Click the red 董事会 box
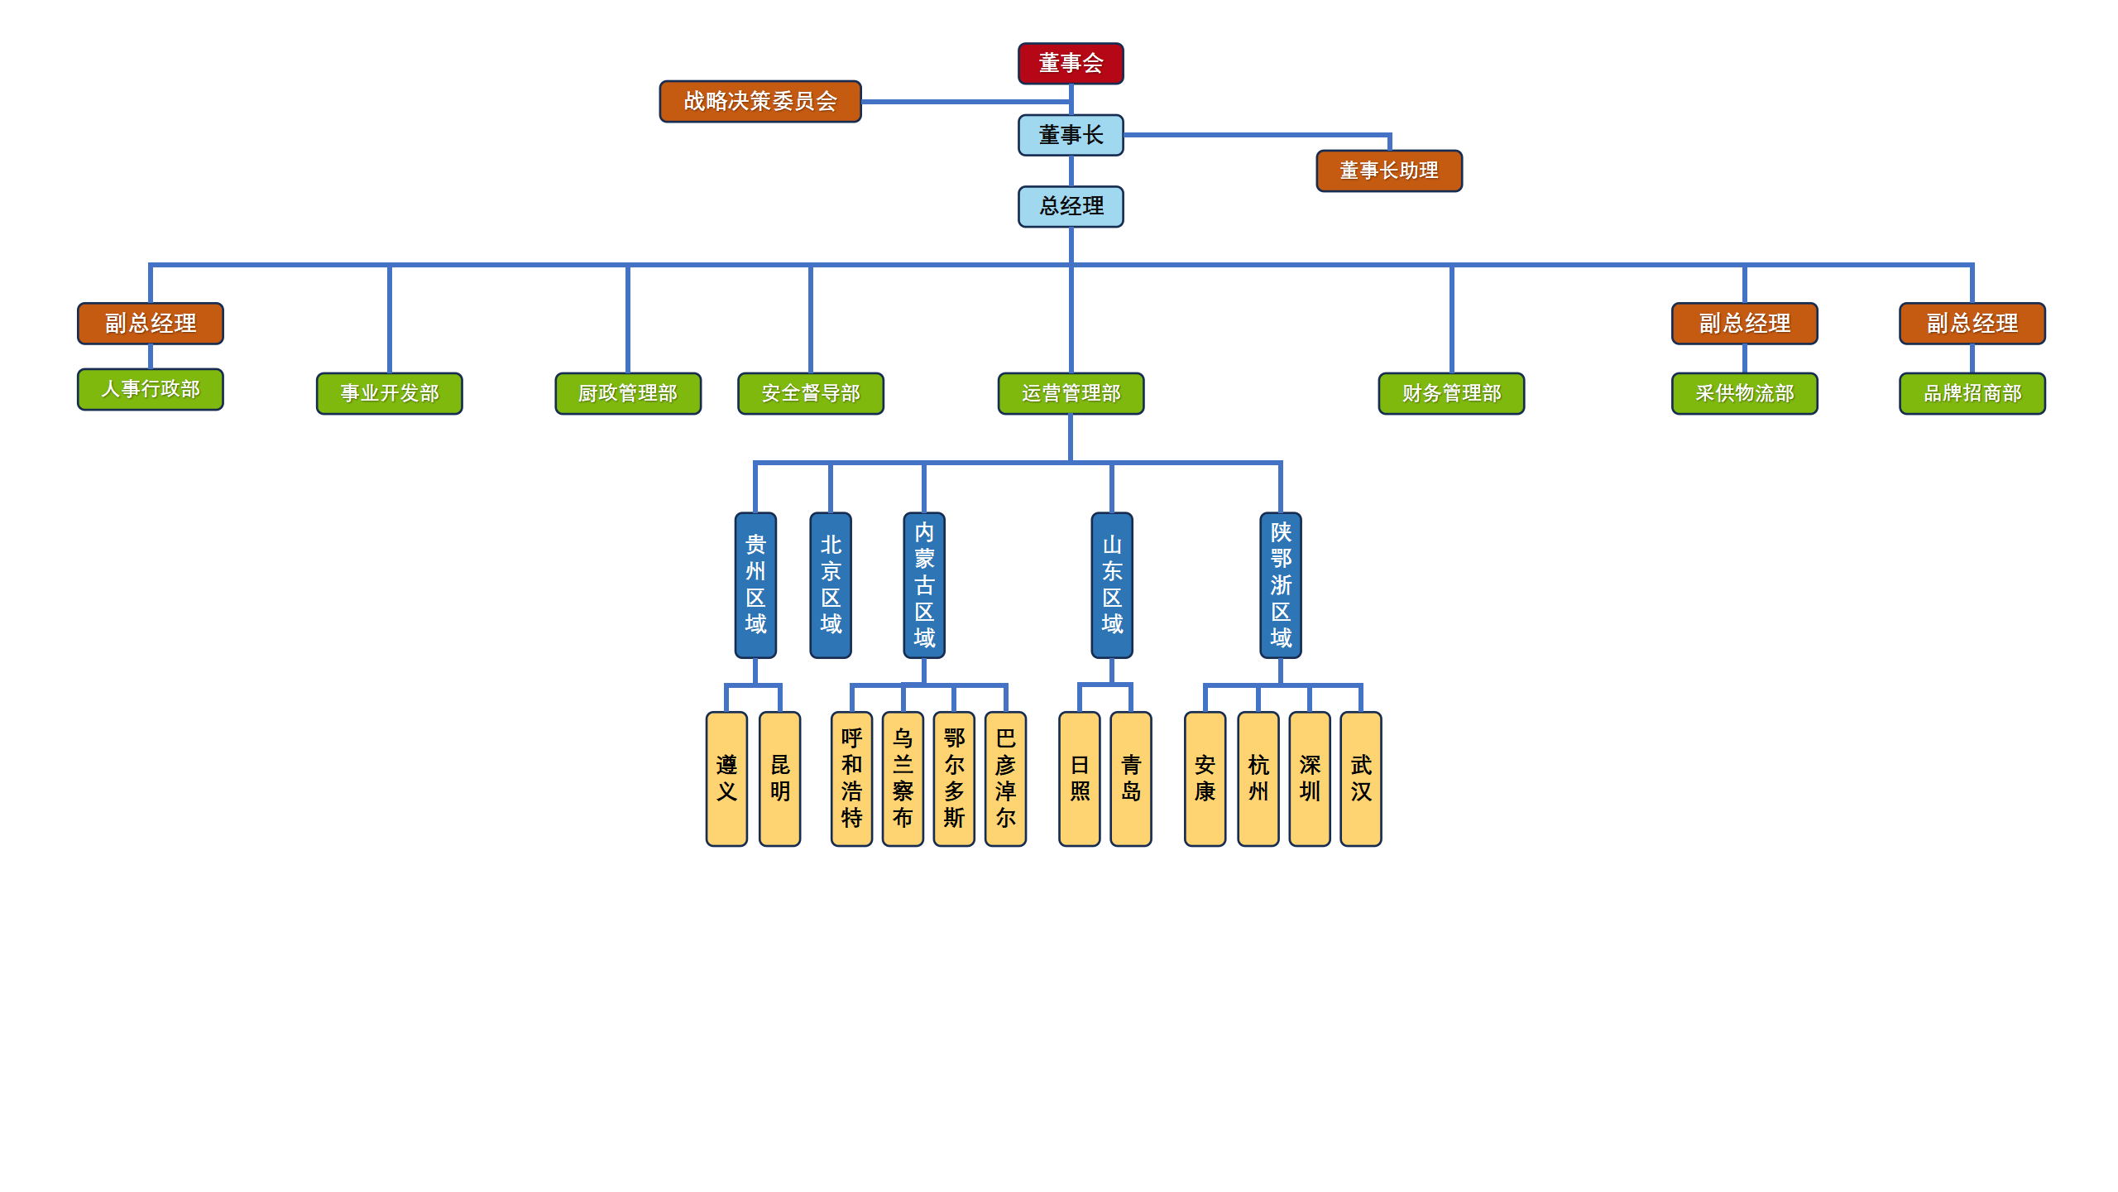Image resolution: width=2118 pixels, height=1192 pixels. (x=1070, y=63)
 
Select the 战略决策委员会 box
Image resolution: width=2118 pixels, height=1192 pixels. (x=760, y=101)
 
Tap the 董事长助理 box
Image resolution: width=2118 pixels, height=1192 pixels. (x=1388, y=171)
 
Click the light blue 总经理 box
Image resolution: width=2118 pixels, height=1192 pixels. (x=1070, y=206)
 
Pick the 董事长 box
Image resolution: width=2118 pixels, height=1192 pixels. (x=1070, y=135)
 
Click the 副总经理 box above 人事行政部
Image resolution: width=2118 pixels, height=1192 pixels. (x=150, y=323)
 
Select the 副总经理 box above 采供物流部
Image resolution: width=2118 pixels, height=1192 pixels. (x=1744, y=323)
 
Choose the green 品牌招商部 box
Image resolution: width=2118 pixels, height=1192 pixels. (x=1972, y=393)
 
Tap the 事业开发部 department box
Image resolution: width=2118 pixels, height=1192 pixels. (x=389, y=393)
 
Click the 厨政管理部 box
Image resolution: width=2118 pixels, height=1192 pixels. (x=627, y=393)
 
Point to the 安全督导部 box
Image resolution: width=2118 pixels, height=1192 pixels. (x=810, y=393)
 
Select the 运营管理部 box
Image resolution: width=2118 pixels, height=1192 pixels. (x=1070, y=393)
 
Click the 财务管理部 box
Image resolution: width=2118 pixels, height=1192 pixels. (x=1450, y=393)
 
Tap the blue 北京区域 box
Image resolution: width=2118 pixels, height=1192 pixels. (x=830, y=584)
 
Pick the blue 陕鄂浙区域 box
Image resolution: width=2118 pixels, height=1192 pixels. (x=1280, y=584)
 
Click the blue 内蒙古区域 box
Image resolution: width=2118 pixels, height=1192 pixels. (x=923, y=584)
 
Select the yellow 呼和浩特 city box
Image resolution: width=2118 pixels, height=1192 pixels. (x=851, y=778)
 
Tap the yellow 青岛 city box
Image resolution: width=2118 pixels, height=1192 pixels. (x=1130, y=778)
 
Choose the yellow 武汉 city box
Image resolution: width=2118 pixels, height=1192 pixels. (x=1360, y=778)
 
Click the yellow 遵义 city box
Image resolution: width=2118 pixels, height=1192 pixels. (x=726, y=778)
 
